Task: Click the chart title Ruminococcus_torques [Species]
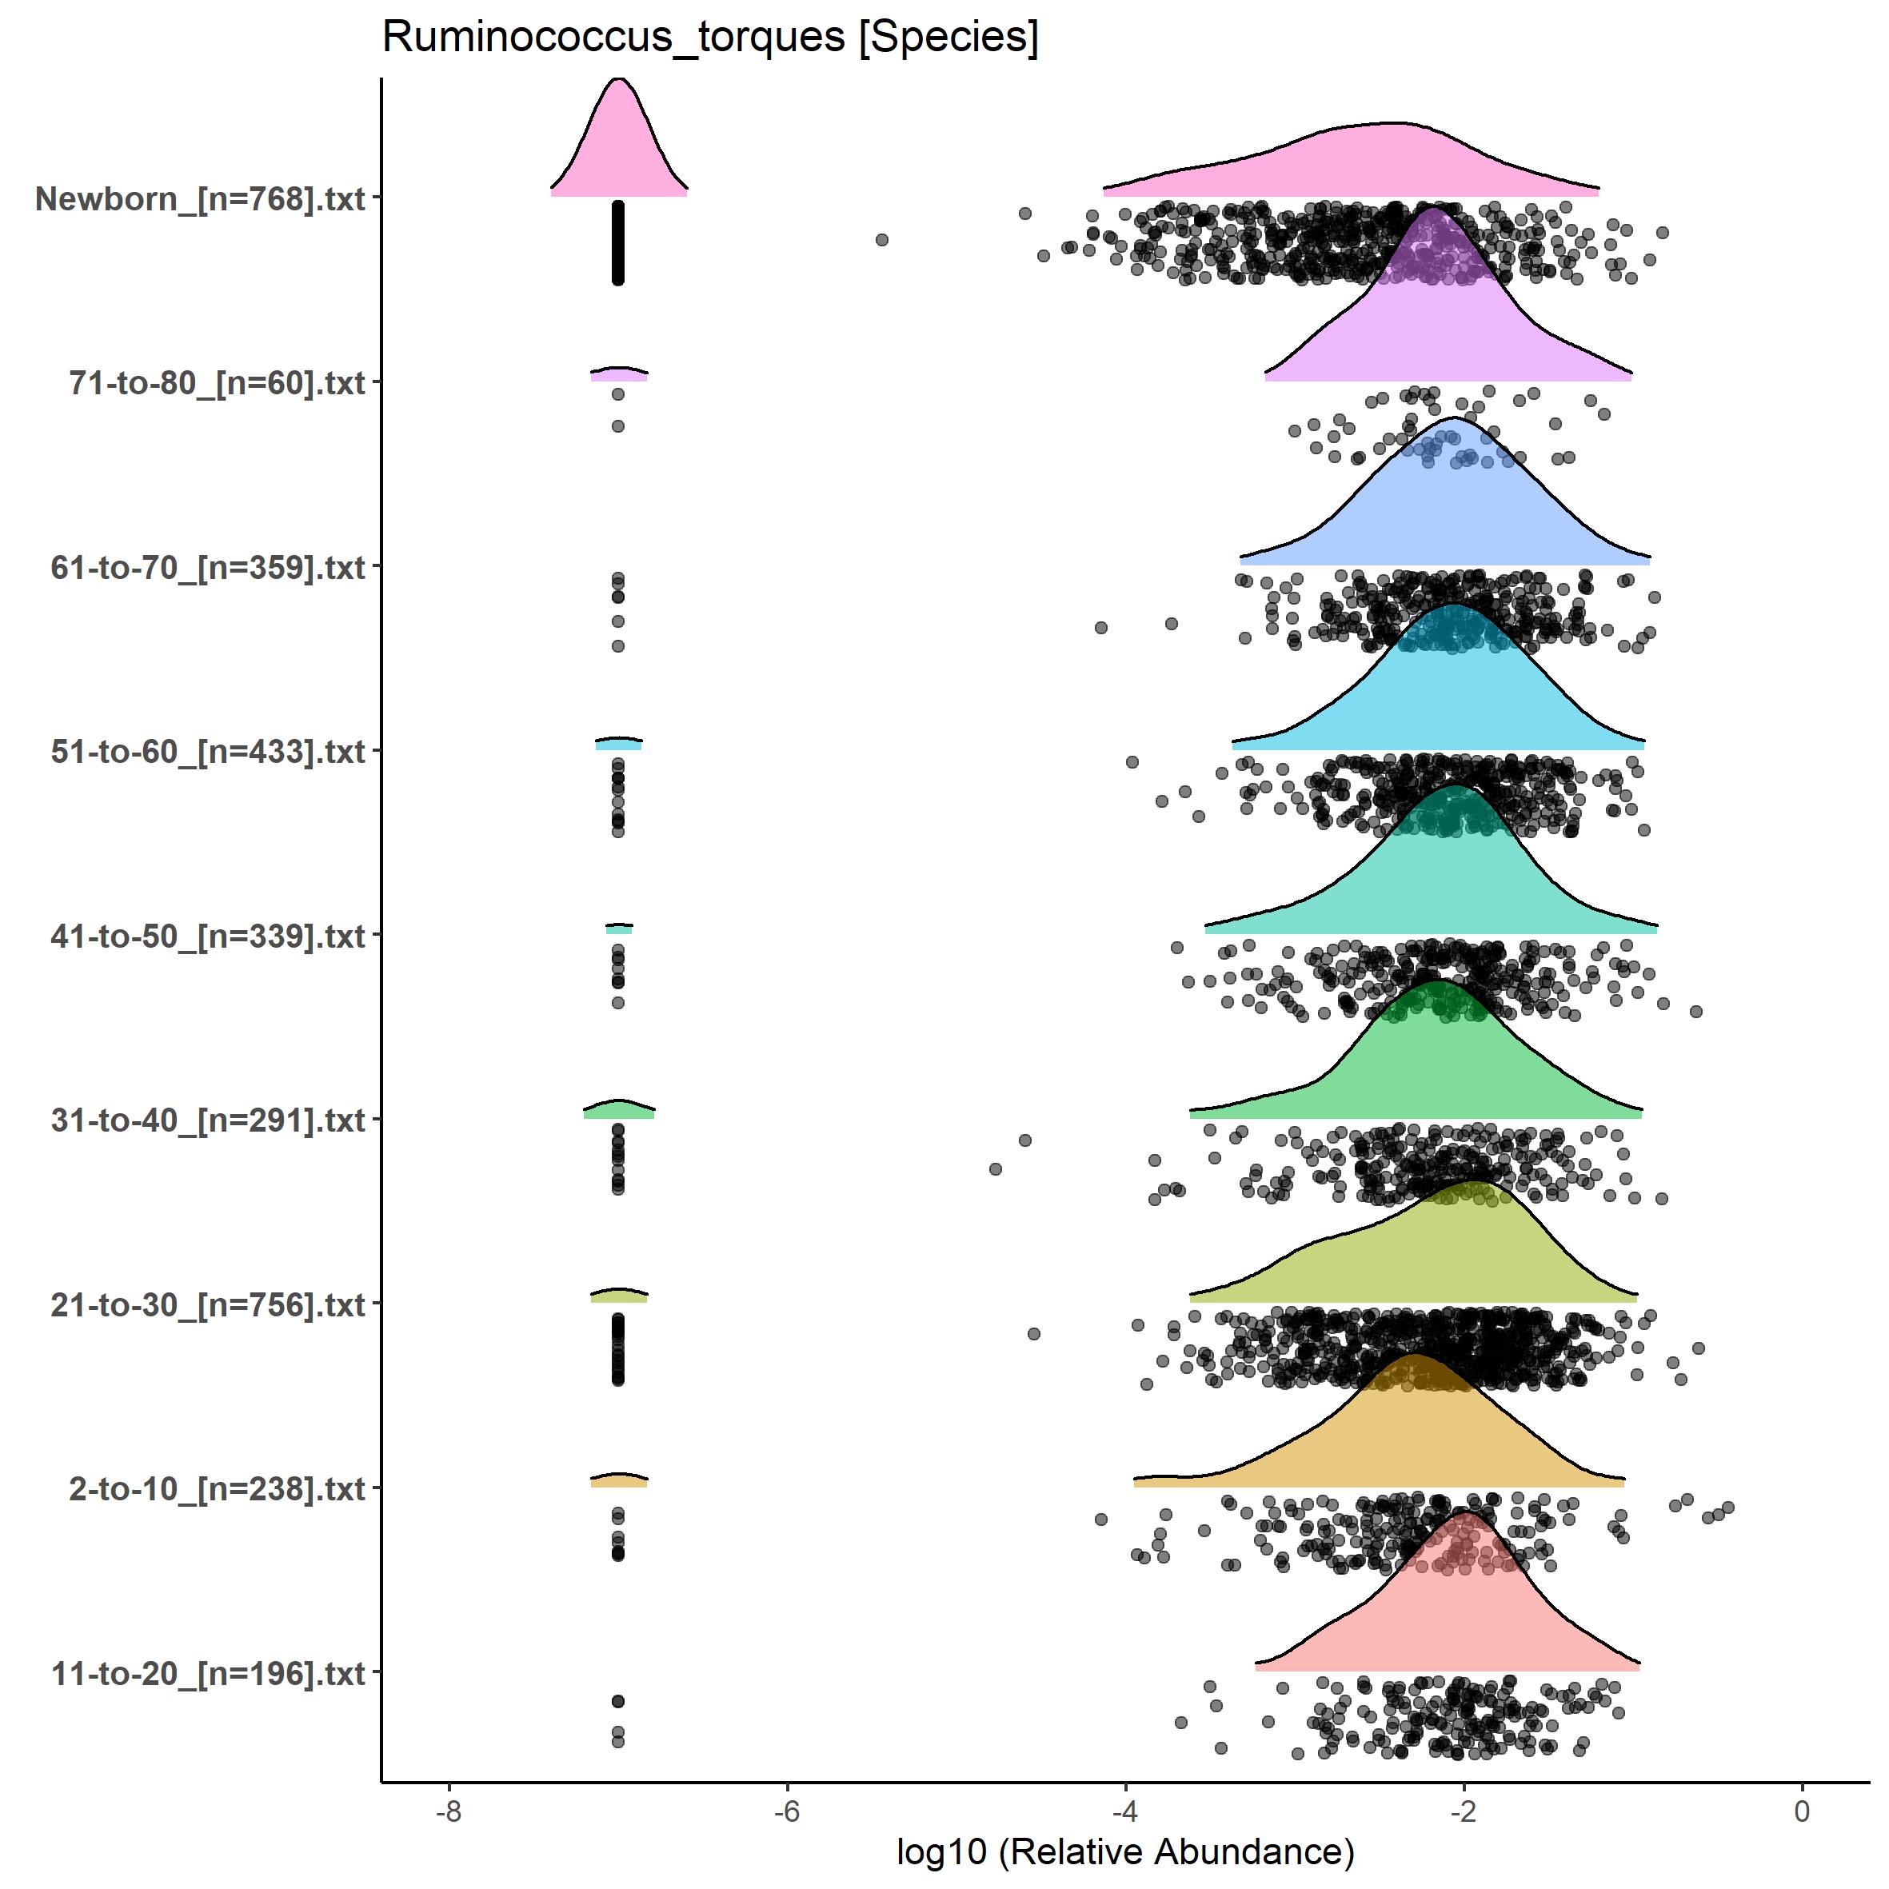click(x=710, y=37)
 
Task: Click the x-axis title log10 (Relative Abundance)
click(x=1125, y=1851)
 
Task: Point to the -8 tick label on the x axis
click(x=448, y=1811)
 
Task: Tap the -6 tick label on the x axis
click(x=787, y=1811)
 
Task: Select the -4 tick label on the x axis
click(x=1125, y=1811)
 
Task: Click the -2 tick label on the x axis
click(x=1464, y=1811)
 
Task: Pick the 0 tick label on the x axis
click(x=1802, y=1811)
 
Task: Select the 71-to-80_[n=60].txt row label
click(x=217, y=382)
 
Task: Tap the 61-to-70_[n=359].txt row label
click(x=208, y=567)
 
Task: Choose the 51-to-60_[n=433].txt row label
click(x=208, y=751)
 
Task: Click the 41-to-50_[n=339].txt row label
click(x=208, y=936)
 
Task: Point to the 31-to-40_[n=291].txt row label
click(x=208, y=1120)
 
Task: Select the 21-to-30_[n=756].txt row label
click(x=208, y=1304)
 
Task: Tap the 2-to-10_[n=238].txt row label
click(x=217, y=1488)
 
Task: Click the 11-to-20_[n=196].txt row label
click(x=208, y=1673)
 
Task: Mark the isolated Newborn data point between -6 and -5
click(x=882, y=240)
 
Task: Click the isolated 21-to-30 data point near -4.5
click(x=1034, y=1334)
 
